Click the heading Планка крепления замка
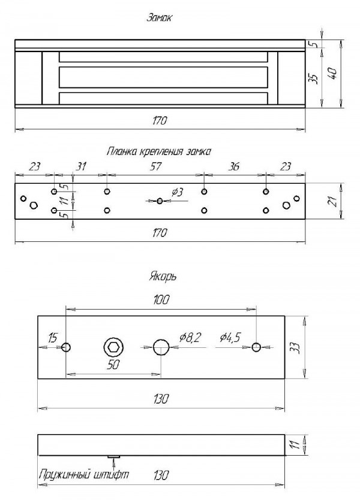(159, 151)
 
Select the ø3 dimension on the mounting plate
(177, 192)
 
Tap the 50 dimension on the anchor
(112, 365)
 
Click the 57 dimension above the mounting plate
(155, 167)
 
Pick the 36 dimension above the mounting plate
(235, 167)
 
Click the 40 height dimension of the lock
(334, 73)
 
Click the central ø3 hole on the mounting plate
(159, 201)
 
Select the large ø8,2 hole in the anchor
(161, 347)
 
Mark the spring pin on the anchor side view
(113, 457)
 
